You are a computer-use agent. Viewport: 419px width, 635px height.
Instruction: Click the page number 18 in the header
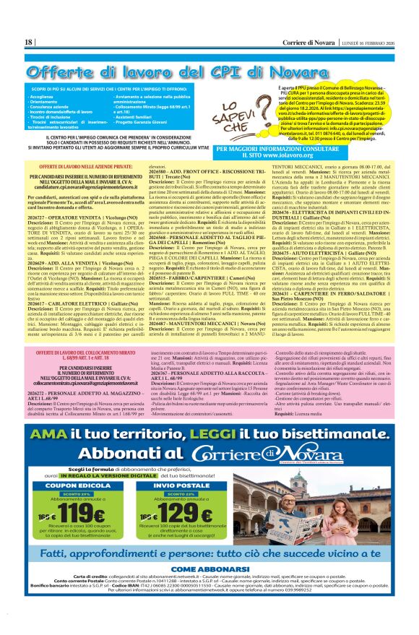click(29, 42)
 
